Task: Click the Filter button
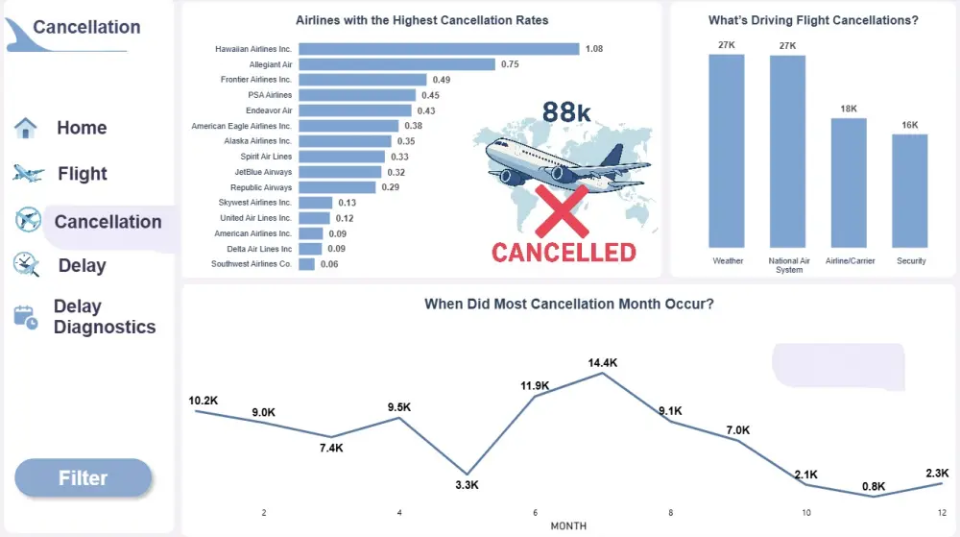[84, 478]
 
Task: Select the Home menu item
[82, 128]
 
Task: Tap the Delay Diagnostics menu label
[104, 317]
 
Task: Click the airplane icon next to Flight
[28, 174]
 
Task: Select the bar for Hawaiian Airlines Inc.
[439, 49]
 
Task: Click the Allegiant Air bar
[396, 64]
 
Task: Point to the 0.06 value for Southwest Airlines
[329, 264]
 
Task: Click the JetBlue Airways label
[263, 172]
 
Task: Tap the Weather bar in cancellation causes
[727, 151]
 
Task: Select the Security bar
[910, 190]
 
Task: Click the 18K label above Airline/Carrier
[849, 110]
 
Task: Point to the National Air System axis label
[788, 265]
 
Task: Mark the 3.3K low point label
[467, 485]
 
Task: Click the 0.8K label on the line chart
[874, 486]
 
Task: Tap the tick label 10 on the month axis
[806, 513]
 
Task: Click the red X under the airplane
[561, 210]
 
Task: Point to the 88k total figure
[566, 112]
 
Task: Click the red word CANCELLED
[564, 253]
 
